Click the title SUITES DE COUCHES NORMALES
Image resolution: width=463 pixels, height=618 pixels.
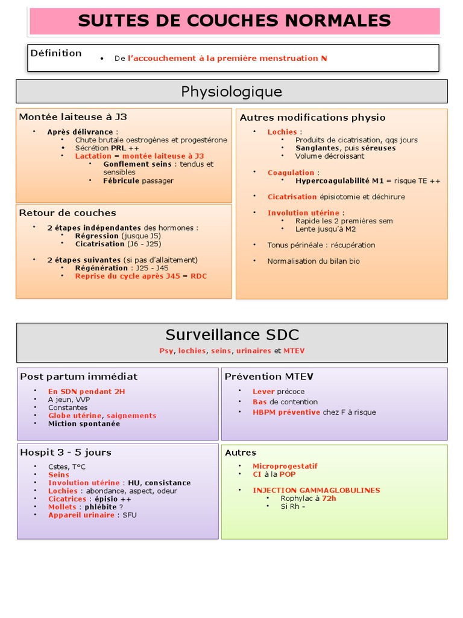coord(234,21)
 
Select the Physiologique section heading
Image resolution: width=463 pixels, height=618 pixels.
coord(231,92)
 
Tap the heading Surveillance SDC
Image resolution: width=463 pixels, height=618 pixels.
coord(232,335)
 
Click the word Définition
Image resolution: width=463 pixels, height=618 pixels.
coord(56,53)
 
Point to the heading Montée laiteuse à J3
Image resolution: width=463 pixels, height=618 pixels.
coord(73,117)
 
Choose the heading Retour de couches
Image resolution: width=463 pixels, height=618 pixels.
coord(68,213)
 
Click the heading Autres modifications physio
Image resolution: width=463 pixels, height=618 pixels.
coord(312,118)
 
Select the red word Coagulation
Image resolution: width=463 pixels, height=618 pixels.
coord(291,173)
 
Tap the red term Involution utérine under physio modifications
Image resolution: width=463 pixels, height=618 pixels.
coord(303,213)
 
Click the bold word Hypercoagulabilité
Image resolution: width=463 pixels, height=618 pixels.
coord(332,180)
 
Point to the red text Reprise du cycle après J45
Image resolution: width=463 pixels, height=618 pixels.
coord(127,276)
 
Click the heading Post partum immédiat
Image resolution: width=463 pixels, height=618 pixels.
coord(79,377)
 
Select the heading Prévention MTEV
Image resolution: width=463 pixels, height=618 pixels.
coord(269,377)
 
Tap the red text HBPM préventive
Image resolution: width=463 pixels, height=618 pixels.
coord(286,412)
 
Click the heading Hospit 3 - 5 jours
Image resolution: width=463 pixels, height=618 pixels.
coord(66,453)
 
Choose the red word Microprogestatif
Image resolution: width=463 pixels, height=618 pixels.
coord(285,467)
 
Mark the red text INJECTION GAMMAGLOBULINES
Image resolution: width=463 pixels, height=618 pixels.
coord(316,491)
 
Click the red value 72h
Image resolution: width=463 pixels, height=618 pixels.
coord(329,499)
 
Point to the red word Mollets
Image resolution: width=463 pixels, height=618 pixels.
coord(62,507)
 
